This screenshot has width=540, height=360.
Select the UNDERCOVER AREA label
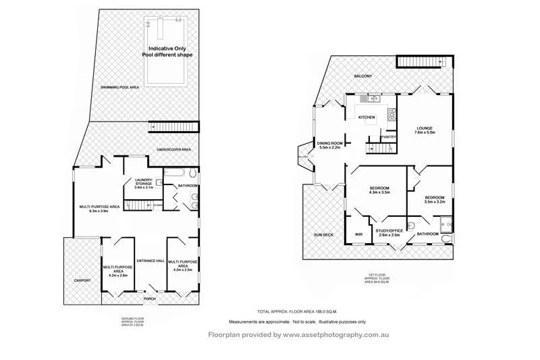[173, 149]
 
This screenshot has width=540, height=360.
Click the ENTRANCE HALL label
[150, 261]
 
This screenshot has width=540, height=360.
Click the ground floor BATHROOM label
[187, 186]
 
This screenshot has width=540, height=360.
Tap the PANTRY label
[388, 137]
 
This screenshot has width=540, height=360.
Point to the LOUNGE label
[424, 128]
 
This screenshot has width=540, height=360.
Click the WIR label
[358, 235]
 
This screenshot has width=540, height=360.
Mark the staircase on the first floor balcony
[413, 63]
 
